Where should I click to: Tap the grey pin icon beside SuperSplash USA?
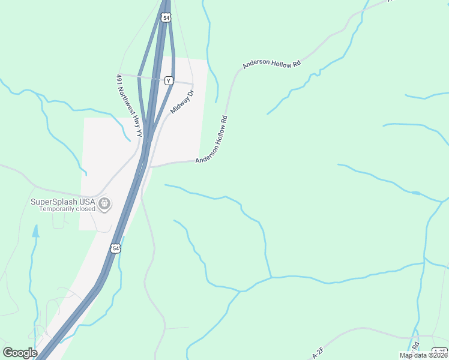(105, 205)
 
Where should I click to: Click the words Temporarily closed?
(67, 209)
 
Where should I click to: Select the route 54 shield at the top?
(166, 17)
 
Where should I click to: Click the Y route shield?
(169, 80)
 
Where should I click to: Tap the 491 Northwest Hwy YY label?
(128, 106)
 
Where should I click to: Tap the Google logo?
(19, 353)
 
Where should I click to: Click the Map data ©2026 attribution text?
(423, 355)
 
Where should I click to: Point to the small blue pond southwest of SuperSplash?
(35, 231)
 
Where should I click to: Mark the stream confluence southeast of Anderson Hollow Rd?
(271, 277)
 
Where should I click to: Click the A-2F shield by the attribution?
(440, 351)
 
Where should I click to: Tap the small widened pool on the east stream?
(415, 193)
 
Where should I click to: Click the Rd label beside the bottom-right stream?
(415, 346)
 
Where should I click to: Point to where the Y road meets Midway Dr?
(193, 83)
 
